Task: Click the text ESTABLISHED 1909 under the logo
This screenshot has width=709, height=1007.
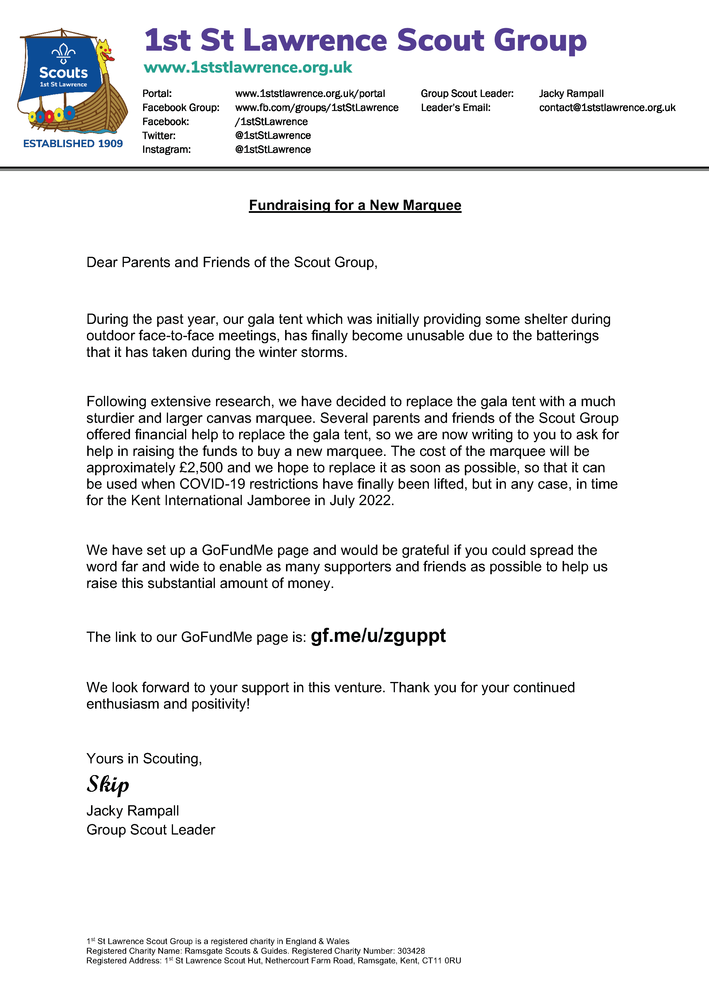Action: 73,143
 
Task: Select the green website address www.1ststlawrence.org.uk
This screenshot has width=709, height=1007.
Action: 248,68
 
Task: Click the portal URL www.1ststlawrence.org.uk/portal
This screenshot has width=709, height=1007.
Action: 310,93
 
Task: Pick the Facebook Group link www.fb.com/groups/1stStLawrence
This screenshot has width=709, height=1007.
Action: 316,107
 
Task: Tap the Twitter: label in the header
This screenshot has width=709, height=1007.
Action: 159,136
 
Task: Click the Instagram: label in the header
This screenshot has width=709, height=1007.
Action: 166,150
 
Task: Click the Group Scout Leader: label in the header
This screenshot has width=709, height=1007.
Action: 467,93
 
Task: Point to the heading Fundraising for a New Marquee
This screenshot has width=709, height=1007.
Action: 355,205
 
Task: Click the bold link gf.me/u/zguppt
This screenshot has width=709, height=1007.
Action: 378,635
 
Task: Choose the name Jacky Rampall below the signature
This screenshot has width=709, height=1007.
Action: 132,811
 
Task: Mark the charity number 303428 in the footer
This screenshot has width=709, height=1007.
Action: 411,951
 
